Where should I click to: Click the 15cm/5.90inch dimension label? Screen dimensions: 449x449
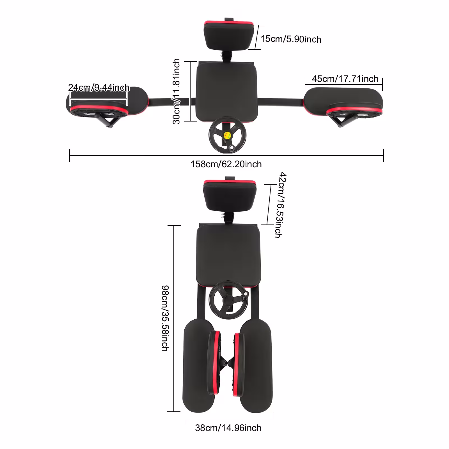coord(291,39)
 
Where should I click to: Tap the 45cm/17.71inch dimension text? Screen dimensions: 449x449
coord(345,79)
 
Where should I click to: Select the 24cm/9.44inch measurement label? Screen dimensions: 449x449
coord(99,88)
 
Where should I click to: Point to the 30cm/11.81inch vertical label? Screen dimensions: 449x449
coord(176,91)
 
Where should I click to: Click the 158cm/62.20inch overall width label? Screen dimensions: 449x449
coord(226,164)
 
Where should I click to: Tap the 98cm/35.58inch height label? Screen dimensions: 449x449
coord(165,318)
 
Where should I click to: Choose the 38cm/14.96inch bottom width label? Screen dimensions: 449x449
coord(228,428)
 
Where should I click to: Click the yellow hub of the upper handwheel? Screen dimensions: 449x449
coord(227,135)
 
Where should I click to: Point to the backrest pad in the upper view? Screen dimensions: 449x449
coord(229,35)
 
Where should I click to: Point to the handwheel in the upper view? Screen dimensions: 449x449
coord(227,135)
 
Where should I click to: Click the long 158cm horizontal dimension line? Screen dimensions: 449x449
coord(226,155)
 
